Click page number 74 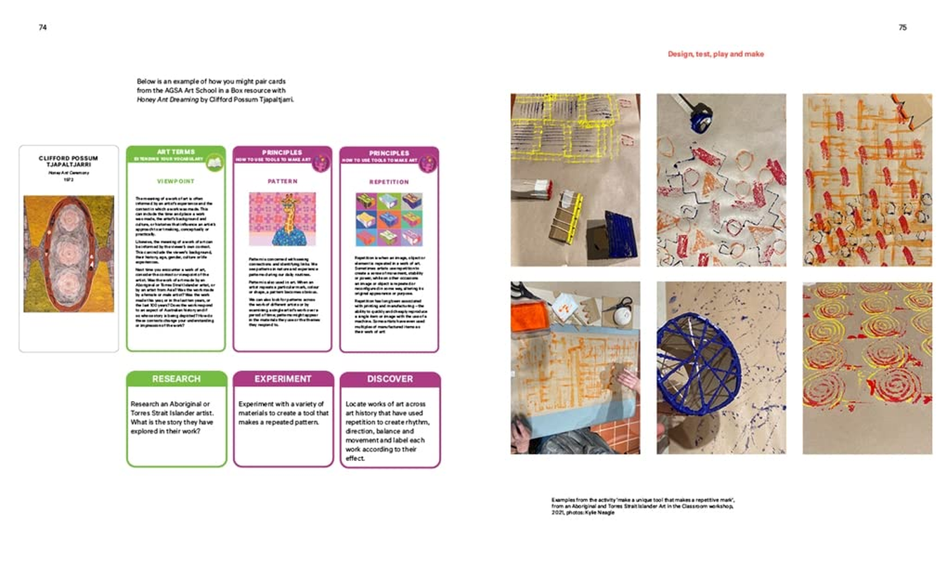coord(43,27)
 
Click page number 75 coord(903,27)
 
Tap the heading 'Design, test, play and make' coord(716,54)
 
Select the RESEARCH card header coord(177,379)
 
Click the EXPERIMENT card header coord(283,379)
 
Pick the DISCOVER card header coord(390,379)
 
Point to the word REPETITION coord(389,182)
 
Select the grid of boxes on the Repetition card coord(389,220)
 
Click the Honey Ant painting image coord(68,254)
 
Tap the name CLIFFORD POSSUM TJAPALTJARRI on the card coord(68,161)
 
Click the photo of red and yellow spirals coord(867,367)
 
